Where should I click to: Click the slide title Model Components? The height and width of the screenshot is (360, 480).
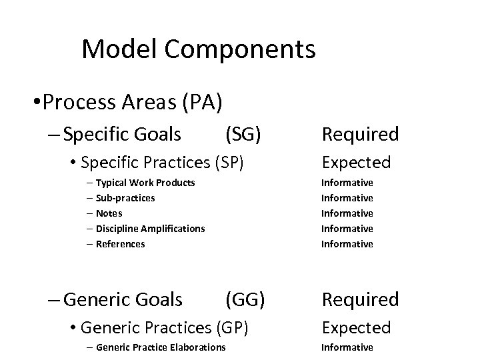[198, 49]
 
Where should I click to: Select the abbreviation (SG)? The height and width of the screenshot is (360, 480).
[243, 135]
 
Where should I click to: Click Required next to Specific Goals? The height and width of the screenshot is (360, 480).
[360, 135]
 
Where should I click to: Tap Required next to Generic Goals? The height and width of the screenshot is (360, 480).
[360, 300]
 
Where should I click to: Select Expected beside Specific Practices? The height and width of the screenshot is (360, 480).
[356, 162]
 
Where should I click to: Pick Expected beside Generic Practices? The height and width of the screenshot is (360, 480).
[356, 327]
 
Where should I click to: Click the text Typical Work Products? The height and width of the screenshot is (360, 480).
[145, 183]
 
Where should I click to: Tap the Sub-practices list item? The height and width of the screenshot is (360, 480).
[125, 198]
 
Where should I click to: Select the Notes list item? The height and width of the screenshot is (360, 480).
[109, 213]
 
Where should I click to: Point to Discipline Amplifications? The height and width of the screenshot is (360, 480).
[150, 229]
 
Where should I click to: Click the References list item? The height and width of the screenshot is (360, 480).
[120, 244]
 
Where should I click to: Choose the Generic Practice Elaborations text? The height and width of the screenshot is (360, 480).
[161, 347]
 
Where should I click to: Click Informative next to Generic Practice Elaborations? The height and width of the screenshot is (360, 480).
[347, 347]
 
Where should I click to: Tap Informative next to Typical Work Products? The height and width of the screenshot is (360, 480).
[347, 183]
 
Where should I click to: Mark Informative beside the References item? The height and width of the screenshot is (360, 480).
[347, 244]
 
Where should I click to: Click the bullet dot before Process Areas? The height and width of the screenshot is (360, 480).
[34, 103]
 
